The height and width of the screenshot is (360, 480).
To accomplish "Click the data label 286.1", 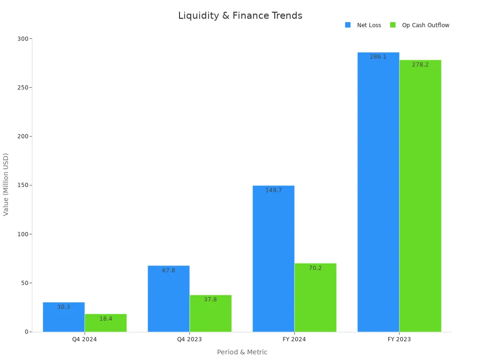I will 378,57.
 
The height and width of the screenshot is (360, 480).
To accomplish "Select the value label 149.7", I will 273,190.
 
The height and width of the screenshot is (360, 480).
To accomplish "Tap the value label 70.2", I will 315,268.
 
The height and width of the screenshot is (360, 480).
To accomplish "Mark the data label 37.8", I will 210,300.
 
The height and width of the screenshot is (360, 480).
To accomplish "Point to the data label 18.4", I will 105,319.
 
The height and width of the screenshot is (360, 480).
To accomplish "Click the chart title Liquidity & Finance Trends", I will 240,15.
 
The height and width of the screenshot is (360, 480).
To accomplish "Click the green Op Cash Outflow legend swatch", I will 393,25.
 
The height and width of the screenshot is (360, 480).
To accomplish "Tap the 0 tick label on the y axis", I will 26,332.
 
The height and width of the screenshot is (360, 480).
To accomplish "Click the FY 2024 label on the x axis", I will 294,339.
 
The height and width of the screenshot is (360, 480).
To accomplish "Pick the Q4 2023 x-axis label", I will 189,339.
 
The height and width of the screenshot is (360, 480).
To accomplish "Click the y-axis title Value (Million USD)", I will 6,184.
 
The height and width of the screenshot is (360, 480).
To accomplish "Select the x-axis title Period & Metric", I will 242,352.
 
